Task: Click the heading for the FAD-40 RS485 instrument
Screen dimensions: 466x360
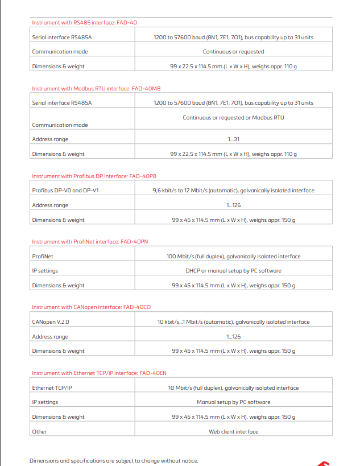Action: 84,23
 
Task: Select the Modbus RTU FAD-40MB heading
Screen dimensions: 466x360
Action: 96,89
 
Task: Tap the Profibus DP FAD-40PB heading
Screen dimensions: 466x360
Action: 94,176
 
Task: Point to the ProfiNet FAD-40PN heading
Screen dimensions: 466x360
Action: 90,242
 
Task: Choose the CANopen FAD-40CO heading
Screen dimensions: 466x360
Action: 91,307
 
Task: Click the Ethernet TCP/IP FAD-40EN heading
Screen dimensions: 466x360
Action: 99,373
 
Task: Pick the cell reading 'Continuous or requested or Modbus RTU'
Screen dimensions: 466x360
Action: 233,118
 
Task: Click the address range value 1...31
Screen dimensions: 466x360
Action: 233,139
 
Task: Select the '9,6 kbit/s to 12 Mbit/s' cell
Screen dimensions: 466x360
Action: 233,191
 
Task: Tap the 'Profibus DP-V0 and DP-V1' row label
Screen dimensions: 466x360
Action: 65,191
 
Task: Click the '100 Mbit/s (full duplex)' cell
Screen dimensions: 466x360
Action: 233,257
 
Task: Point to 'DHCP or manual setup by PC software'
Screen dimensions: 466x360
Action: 233,271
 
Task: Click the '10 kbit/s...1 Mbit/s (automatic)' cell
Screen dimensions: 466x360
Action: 233,322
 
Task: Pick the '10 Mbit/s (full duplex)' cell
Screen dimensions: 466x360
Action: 233,388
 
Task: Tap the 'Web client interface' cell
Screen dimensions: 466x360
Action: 233,432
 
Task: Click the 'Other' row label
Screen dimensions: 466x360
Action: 40,432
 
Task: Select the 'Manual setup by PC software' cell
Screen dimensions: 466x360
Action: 233,402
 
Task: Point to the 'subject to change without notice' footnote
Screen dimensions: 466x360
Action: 114,461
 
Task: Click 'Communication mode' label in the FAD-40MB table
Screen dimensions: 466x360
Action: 60,125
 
